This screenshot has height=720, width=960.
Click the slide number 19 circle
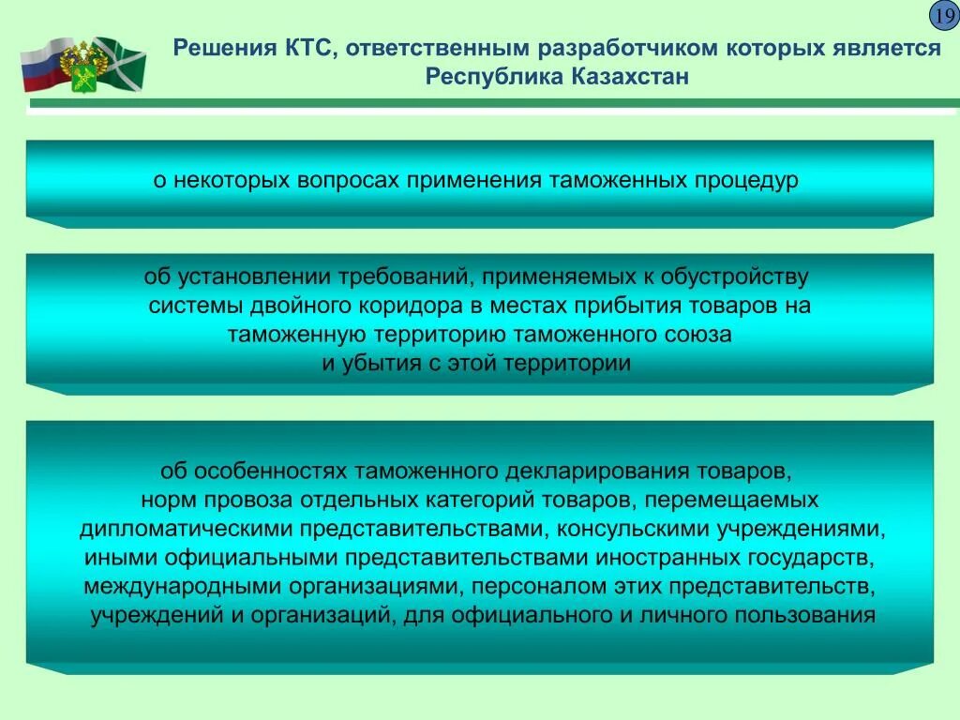click(x=942, y=17)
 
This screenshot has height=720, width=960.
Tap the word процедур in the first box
click(x=747, y=180)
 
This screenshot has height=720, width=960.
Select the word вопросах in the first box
click(x=351, y=180)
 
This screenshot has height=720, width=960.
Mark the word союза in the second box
click(x=698, y=335)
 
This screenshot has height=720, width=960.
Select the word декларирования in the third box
click(x=594, y=470)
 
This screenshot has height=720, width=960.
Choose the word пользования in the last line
click(x=807, y=616)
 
